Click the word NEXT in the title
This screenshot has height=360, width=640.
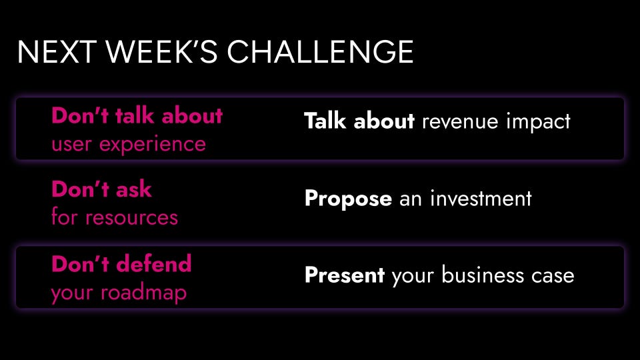[x=57, y=52]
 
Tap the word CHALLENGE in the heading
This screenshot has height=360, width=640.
[x=321, y=52]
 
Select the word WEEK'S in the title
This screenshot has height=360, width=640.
[x=161, y=52]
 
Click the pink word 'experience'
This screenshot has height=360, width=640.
[x=153, y=145]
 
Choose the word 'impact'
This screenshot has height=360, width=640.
[x=538, y=122]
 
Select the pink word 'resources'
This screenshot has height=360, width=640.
[x=132, y=218]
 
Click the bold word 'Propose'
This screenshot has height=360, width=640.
[x=348, y=199]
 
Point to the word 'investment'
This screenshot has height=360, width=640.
[x=481, y=199]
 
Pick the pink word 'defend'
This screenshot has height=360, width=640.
[x=154, y=264]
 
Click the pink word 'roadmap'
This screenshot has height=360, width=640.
[x=144, y=293]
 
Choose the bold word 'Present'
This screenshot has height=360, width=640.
[x=345, y=275]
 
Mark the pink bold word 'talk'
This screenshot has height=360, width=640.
[x=135, y=115]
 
